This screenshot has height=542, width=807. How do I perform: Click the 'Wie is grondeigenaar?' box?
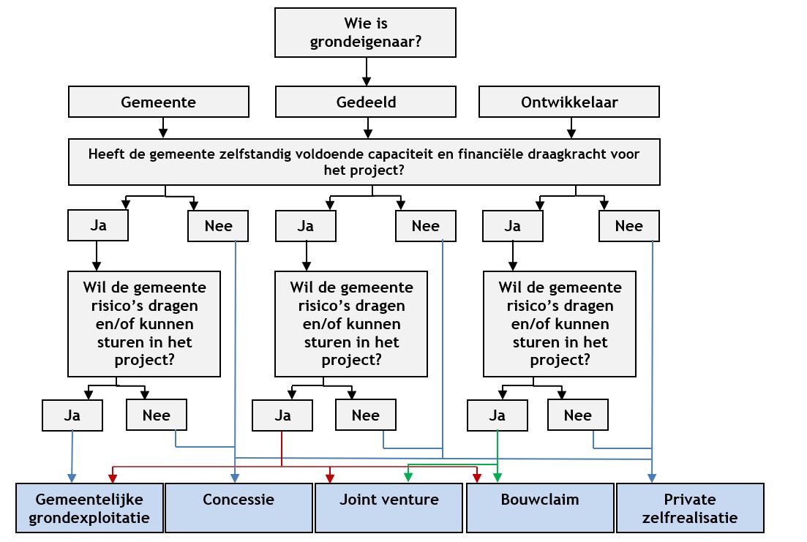pyautogui.click(x=365, y=32)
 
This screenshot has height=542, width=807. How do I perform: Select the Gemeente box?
pyautogui.click(x=158, y=102)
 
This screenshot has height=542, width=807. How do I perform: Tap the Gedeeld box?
pyautogui.click(x=366, y=102)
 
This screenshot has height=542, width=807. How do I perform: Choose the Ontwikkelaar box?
pyautogui.click(x=568, y=102)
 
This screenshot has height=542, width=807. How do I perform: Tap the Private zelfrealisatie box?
pyautogui.click(x=689, y=508)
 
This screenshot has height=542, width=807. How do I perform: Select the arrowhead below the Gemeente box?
pyautogui.click(x=162, y=133)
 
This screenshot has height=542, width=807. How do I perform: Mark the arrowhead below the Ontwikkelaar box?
pyautogui.click(x=568, y=133)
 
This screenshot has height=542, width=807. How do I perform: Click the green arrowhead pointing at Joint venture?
pyautogui.click(x=408, y=478)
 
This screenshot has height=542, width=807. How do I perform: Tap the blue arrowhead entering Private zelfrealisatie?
pyautogui.click(x=651, y=478)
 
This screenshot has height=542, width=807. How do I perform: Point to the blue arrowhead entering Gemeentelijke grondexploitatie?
pyautogui.click(x=72, y=478)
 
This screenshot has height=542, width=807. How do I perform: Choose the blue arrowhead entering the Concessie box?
pyautogui.click(x=235, y=478)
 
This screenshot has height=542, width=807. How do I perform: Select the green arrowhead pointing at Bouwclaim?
pyautogui.click(x=498, y=478)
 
